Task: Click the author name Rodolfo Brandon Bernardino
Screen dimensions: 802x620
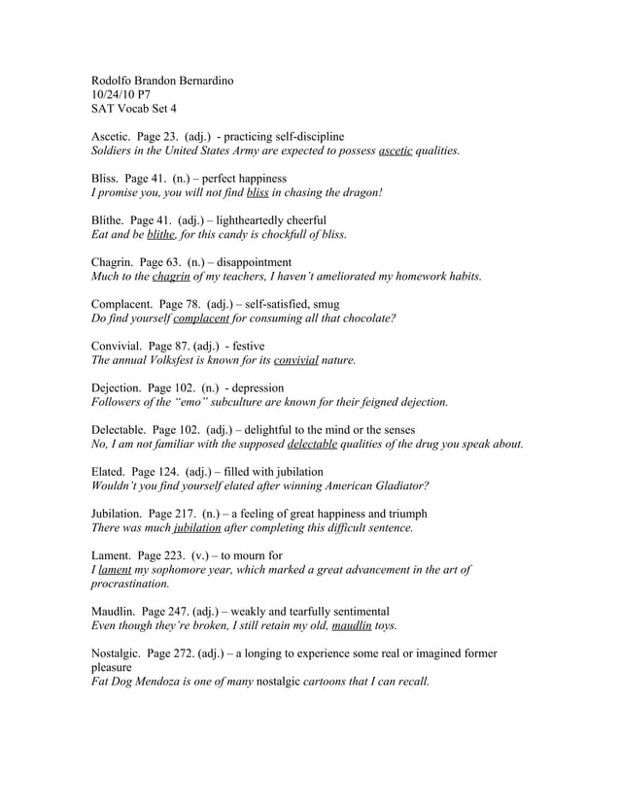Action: tap(162, 80)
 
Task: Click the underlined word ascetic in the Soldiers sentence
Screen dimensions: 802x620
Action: tap(396, 151)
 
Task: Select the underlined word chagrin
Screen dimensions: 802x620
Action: tap(171, 277)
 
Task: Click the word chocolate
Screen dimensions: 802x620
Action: tap(362, 318)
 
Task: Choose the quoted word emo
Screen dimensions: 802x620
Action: tap(212, 402)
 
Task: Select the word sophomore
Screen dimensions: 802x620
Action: tap(189, 570)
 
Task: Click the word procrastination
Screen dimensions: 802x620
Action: tap(129, 585)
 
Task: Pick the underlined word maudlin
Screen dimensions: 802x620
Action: tap(352, 626)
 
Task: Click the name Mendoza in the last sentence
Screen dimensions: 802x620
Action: tap(168, 682)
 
